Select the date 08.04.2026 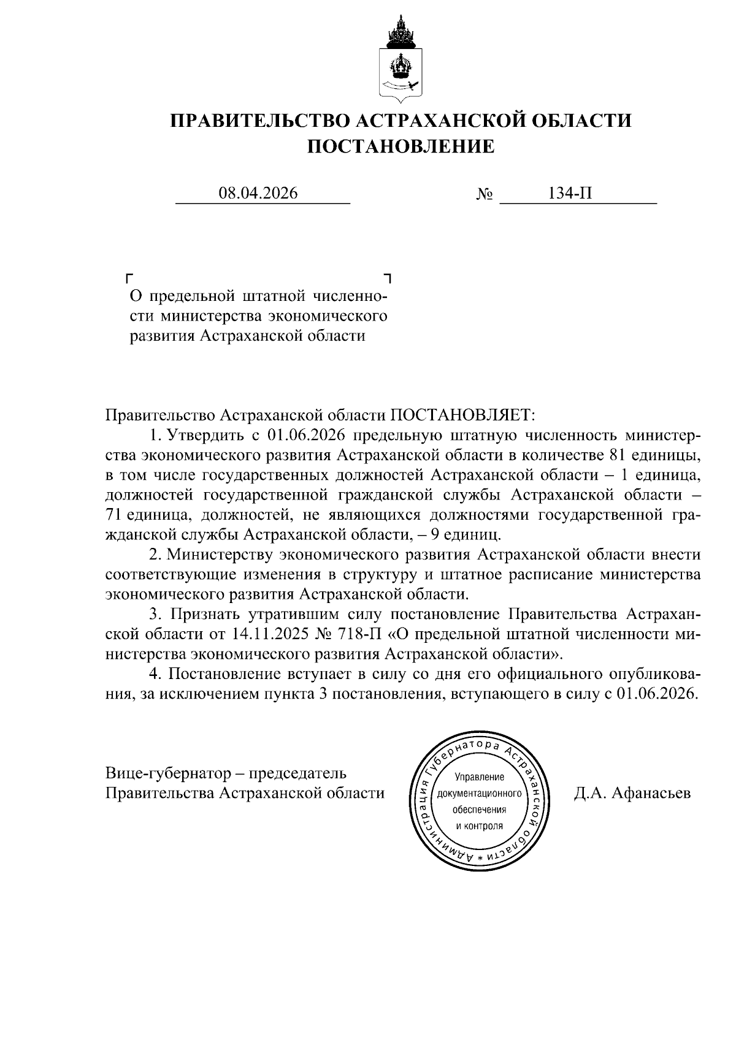tap(258, 194)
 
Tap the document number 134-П tap(570, 194)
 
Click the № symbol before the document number tap(485, 195)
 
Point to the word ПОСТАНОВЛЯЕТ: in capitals tap(463, 416)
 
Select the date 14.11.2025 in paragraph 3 tap(270, 634)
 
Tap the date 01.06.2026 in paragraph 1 tap(304, 436)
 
